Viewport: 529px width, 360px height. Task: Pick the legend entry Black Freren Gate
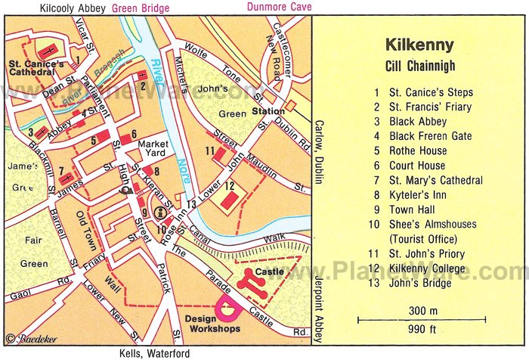point(430,136)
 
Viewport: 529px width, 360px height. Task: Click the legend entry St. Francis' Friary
point(428,107)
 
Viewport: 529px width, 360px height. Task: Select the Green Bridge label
point(141,8)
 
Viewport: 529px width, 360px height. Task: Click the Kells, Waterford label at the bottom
point(154,353)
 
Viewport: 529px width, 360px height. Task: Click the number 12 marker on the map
point(228,186)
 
